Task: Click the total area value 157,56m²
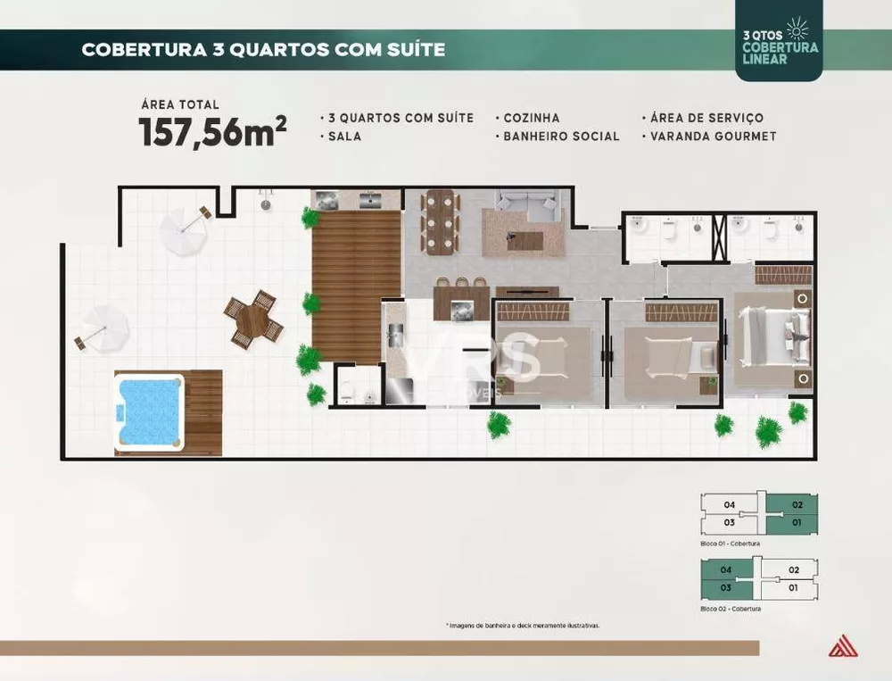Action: [212, 131]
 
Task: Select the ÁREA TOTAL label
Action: [178, 104]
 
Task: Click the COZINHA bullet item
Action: [532, 118]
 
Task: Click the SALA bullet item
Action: [341, 137]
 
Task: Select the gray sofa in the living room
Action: [526, 206]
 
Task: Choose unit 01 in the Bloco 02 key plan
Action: [794, 587]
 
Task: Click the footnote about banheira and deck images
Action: [522, 626]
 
